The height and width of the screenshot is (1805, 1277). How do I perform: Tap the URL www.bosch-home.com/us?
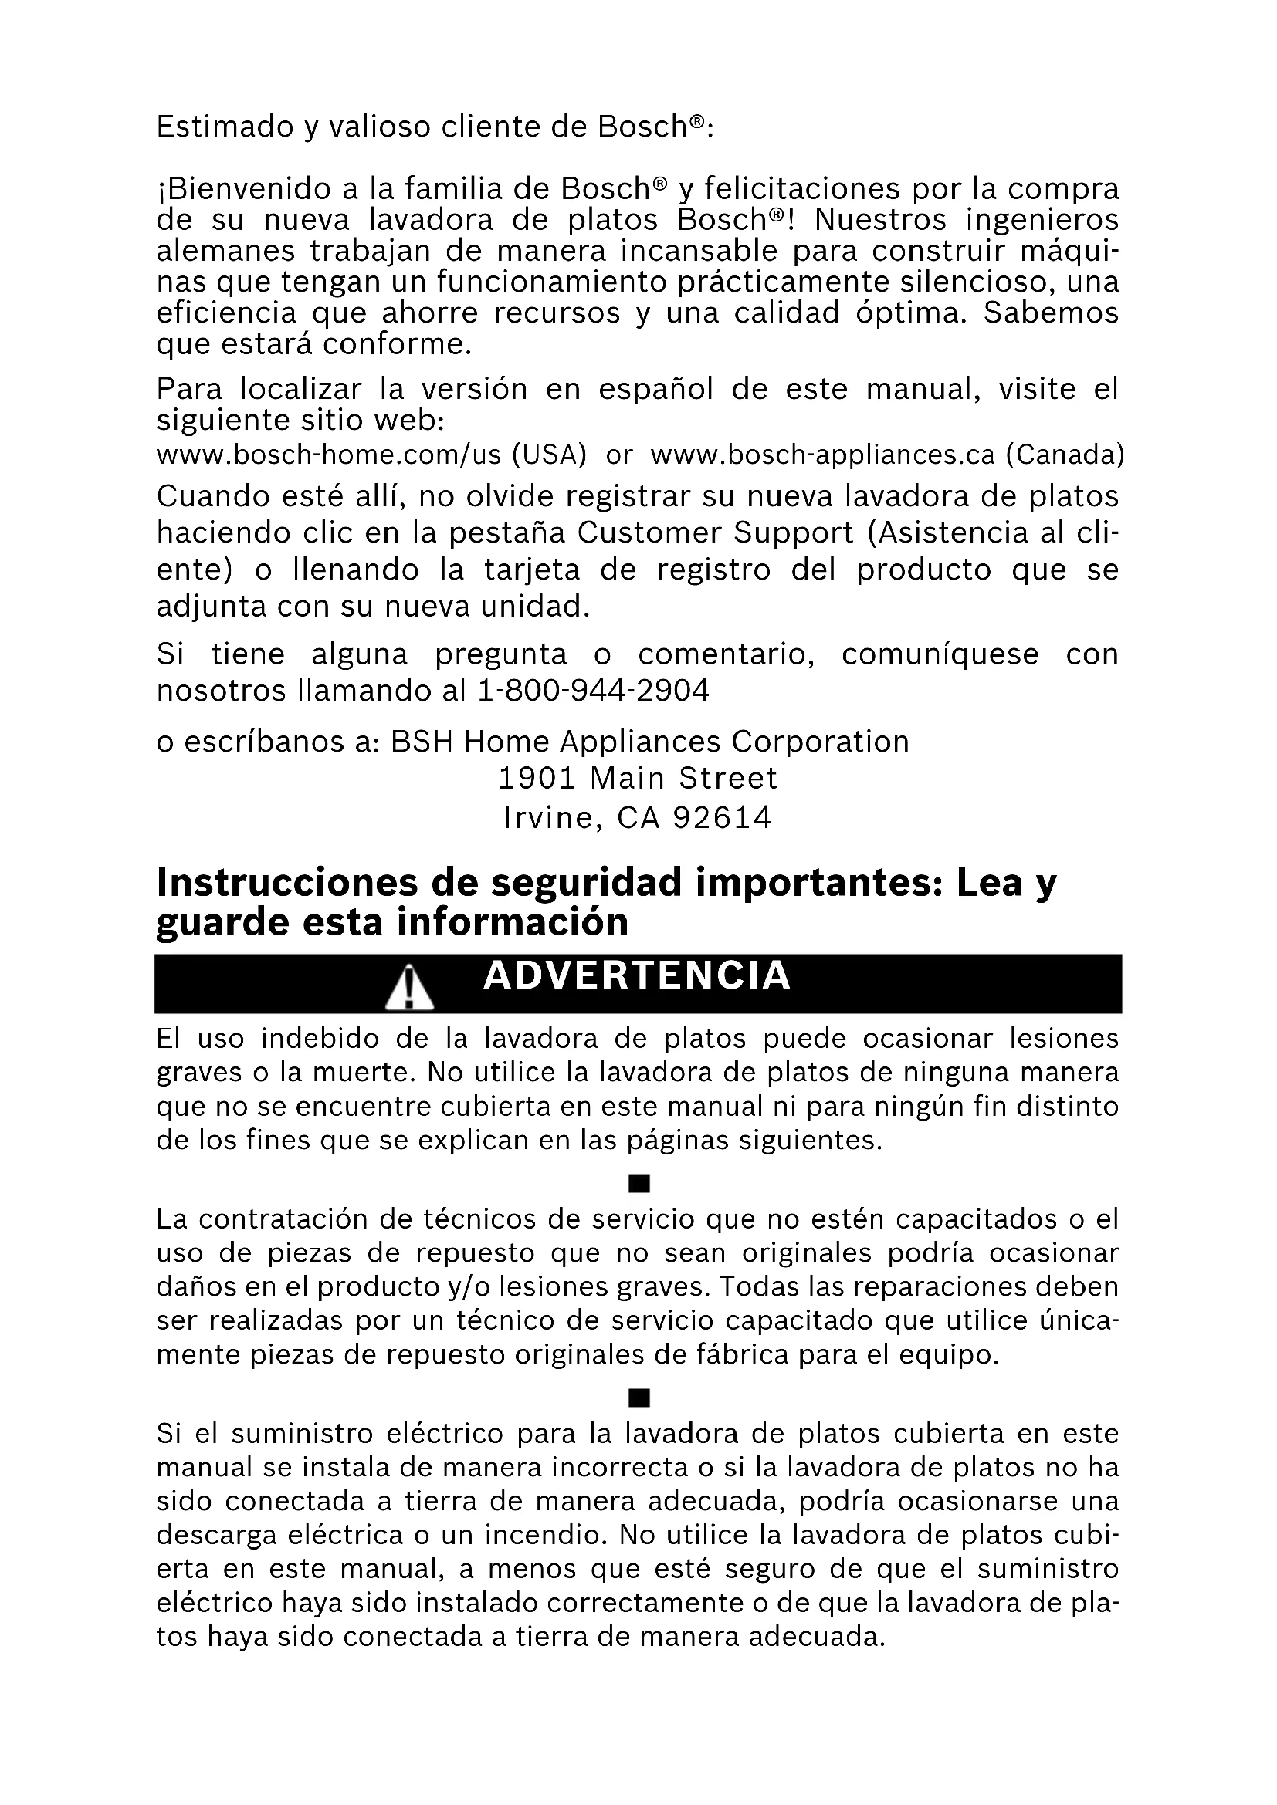[328, 455]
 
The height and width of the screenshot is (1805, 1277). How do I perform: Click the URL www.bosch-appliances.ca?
[822, 455]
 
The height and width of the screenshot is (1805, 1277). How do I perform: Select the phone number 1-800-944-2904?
[594, 691]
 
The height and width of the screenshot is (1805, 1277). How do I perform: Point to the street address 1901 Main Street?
[638, 779]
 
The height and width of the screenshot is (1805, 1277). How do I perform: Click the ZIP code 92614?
[723, 818]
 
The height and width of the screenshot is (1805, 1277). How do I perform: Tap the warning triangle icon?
[409, 989]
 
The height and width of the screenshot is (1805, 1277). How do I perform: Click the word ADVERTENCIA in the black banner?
[636, 976]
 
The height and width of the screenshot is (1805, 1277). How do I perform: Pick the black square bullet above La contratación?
[638, 1183]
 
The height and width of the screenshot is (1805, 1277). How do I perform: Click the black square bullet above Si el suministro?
[638, 1398]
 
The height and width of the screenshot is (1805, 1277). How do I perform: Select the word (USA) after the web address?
[549, 455]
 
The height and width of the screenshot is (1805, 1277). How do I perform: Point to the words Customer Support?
[715, 533]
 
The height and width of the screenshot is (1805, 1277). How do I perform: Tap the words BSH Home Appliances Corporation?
[649, 742]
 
